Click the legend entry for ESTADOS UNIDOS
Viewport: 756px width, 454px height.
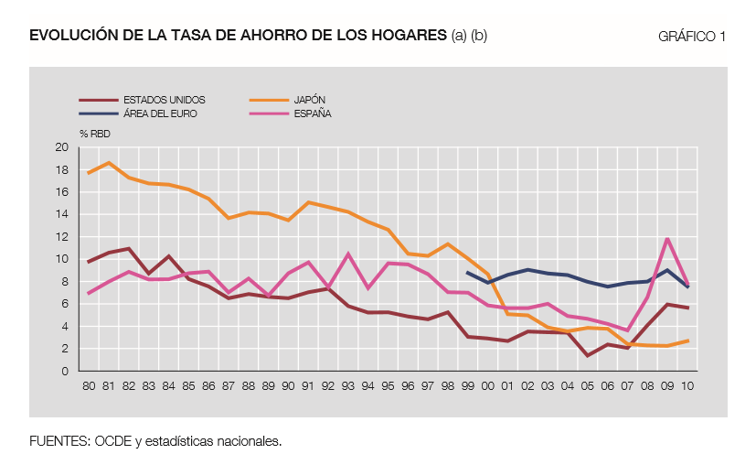point(165,99)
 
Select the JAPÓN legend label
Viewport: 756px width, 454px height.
point(310,99)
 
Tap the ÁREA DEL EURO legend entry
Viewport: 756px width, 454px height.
point(160,113)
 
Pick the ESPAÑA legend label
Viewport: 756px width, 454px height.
point(312,113)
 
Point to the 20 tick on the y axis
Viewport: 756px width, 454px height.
point(62,147)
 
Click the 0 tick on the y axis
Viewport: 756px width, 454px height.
point(65,371)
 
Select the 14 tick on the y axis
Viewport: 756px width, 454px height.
point(62,214)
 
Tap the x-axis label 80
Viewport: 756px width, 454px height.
point(89,385)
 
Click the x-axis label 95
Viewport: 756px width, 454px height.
point(388,385)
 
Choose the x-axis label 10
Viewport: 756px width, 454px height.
point(687,385)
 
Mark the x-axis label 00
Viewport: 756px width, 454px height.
point(487,385)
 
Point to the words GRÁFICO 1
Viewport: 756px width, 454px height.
point(691,37)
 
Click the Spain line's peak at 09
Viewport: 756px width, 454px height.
point(668,239)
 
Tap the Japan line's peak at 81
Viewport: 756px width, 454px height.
point(109,163)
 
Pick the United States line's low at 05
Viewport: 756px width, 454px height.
point(588,355)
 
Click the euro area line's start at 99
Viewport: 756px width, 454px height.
point(467,272)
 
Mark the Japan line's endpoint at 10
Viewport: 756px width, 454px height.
point(687,340)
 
